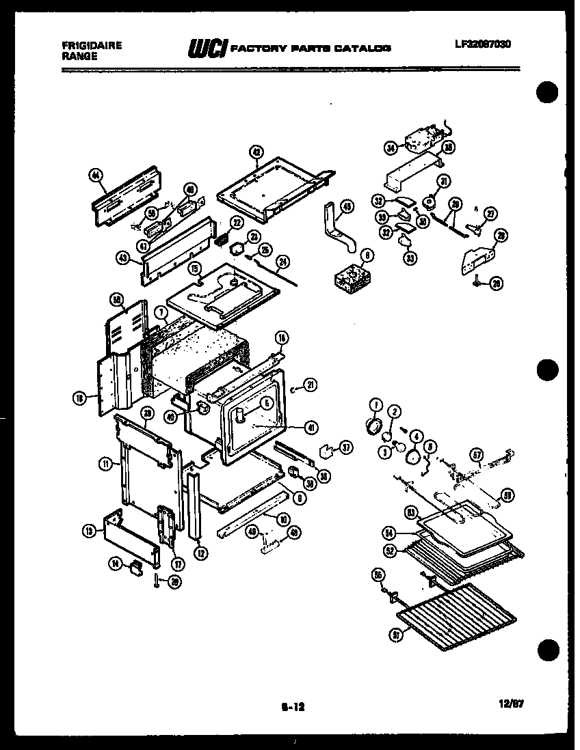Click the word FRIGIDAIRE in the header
(92, 45)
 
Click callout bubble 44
(96, 176)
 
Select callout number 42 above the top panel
(255, 153)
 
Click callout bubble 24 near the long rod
(281, 260)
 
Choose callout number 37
(346, 448)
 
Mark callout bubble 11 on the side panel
(105, 464)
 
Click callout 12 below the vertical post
(200, 555)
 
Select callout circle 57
(477, 454)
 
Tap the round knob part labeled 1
(373, 427)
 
